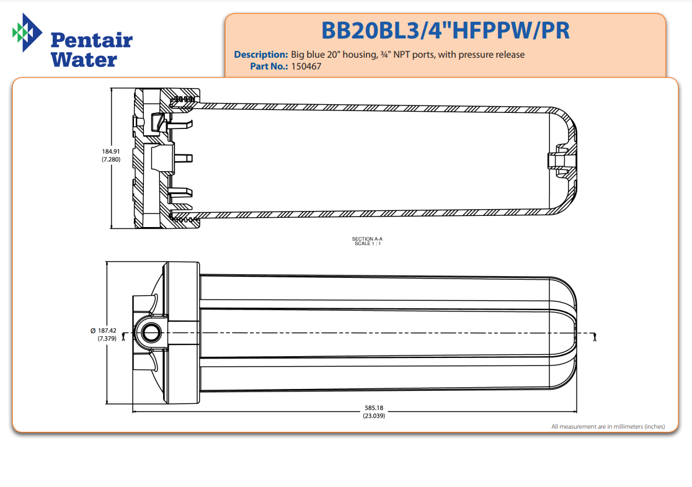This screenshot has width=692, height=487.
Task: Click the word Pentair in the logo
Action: point(91,40)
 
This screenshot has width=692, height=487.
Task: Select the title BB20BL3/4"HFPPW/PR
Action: point(445,30)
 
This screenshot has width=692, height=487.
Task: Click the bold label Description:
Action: point(260,55)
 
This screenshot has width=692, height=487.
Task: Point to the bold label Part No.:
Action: point(269,66)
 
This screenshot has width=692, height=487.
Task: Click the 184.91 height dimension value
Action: point(111,151)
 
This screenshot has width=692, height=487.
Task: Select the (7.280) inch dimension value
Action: point(111,159)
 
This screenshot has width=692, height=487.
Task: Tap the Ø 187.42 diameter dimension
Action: point(104,331)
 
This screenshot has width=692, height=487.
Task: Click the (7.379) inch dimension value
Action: point(107,339)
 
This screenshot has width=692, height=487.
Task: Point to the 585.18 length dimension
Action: point(374,408)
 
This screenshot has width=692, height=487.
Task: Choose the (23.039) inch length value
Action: point(374,416)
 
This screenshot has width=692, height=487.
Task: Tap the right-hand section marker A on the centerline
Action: point(595,336)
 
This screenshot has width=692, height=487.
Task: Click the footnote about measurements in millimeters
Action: point(608,426)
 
